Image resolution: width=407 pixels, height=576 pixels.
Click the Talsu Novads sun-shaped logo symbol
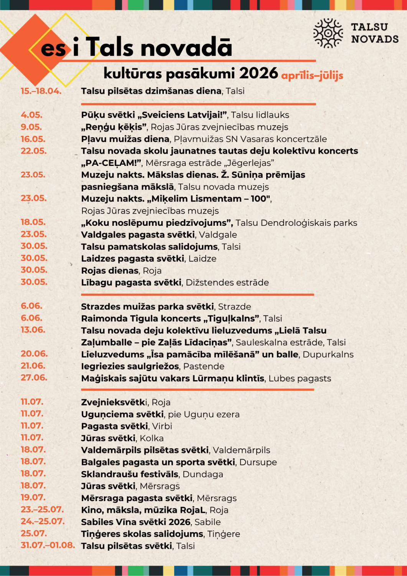(328, 33)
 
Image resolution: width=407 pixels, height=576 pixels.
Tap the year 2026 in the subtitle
(259, 73)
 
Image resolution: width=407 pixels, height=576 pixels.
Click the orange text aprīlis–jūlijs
(312, 75)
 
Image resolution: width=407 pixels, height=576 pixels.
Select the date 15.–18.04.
(41, 91)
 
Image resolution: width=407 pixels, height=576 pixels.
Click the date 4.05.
(31, 115)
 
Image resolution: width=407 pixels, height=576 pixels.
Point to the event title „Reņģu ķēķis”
(114, 127)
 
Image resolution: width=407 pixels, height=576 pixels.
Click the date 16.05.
(33, 139)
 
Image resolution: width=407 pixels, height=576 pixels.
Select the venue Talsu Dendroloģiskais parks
(296, 223)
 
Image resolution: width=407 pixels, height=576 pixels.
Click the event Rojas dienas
(110, 270)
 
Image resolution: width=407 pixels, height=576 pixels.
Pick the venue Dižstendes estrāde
(227, 283)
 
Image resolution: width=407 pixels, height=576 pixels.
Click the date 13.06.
(33, 330)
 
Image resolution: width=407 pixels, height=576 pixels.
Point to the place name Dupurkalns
(328, 354)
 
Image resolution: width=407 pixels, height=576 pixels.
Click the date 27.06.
(34, 377)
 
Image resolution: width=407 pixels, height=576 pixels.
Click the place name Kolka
(152, 438)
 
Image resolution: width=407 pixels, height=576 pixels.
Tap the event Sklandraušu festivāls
(130, 474)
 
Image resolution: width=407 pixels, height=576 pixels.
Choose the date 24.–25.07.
(43, 521)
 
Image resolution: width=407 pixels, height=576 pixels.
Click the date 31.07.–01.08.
(48, 545)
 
